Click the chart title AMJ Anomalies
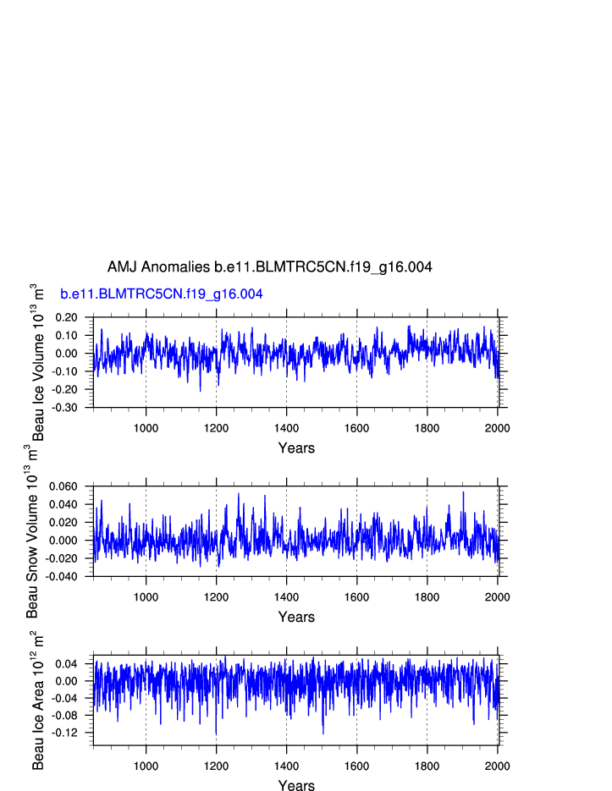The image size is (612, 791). (269, 267)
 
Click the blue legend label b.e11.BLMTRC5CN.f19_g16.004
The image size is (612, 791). (161, 294)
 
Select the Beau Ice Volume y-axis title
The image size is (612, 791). (37, 362)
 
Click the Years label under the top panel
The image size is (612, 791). (296, 448)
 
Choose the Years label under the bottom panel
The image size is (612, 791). (296, 786)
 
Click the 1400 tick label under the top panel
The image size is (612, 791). (286, 428)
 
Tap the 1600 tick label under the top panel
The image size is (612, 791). (356, 428)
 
